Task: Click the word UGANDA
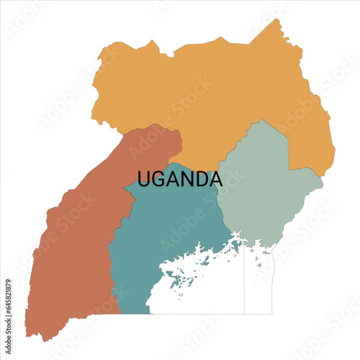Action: point(179,179)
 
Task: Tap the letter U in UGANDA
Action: point(145,179)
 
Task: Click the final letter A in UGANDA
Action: point(215,179)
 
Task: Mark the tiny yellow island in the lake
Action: point(235,256)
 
